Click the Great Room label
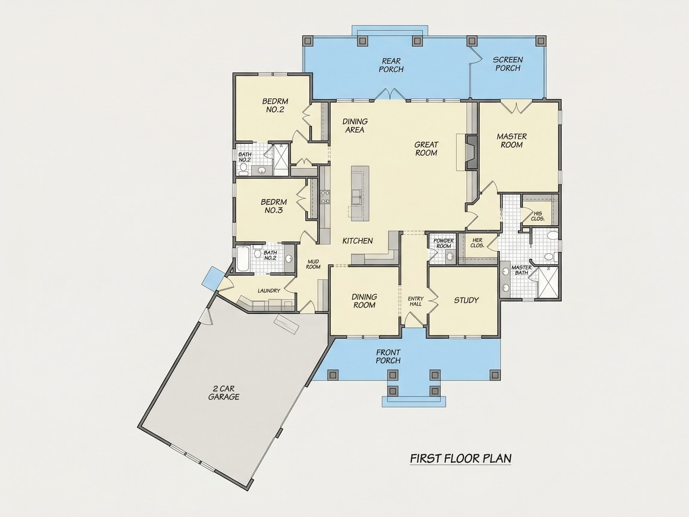426,149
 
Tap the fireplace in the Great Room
472,152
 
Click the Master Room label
511,141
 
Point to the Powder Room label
443,243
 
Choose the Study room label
466,300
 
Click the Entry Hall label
415,301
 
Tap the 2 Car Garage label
224,393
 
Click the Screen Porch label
508,64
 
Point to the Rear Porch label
391,65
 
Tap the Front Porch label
388,356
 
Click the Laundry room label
269,291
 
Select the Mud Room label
313,264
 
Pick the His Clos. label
538,216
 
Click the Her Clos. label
477,243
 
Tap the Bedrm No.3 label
274,206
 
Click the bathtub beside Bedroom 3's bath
243,259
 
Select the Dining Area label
355,126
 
